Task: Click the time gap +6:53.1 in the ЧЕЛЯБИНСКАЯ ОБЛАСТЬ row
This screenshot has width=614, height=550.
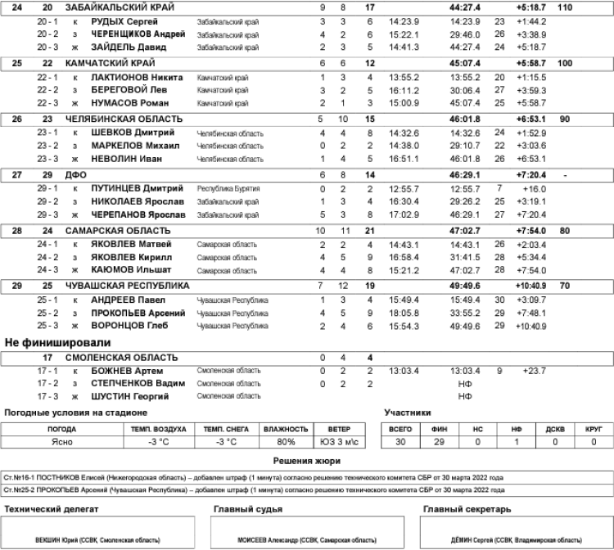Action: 532,119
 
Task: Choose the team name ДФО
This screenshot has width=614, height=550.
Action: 75,175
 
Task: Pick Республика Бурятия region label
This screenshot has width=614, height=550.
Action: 228,188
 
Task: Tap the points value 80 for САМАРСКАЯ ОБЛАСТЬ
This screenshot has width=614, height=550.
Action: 564,231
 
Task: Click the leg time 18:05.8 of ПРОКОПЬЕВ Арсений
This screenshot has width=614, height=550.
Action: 404,313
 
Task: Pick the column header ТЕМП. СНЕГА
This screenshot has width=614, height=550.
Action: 223,429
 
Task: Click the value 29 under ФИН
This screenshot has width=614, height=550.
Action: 434,442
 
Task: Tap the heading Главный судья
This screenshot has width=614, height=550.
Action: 248,510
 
